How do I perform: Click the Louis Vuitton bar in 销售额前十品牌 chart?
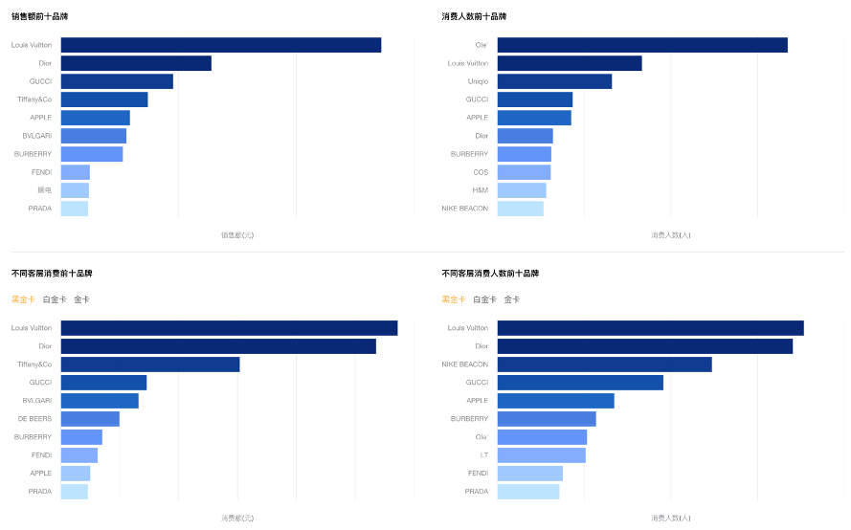(x=220, y=45)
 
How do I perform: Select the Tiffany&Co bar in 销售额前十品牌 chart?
(x=104, y=99)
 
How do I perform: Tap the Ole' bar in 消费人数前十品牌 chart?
(x=641, y=45)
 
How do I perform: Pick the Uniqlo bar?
(x=554, y=81)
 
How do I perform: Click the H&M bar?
(x=522, y=190)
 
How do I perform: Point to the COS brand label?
(x=480, y=172)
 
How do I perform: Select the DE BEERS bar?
(x=90, y=419)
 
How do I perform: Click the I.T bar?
(x=541, y=455)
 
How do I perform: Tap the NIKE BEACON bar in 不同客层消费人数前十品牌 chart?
(x=604, y=364)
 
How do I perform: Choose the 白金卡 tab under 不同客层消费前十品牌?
(x=55, y=299)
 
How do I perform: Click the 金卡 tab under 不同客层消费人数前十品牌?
(x=512, y=299)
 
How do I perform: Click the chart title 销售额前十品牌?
(x=39, y=17)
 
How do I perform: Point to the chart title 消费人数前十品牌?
(x=474, y=17)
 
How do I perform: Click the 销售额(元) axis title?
(x=237, y=234)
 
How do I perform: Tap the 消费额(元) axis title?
(x=237, y=518)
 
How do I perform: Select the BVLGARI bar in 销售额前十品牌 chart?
(x=93, y=136)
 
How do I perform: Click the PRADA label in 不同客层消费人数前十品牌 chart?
(x=476, y=492)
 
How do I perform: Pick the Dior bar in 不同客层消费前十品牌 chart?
(x=218, y=346)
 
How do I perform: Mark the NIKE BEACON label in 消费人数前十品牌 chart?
(x=464, y=209)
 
